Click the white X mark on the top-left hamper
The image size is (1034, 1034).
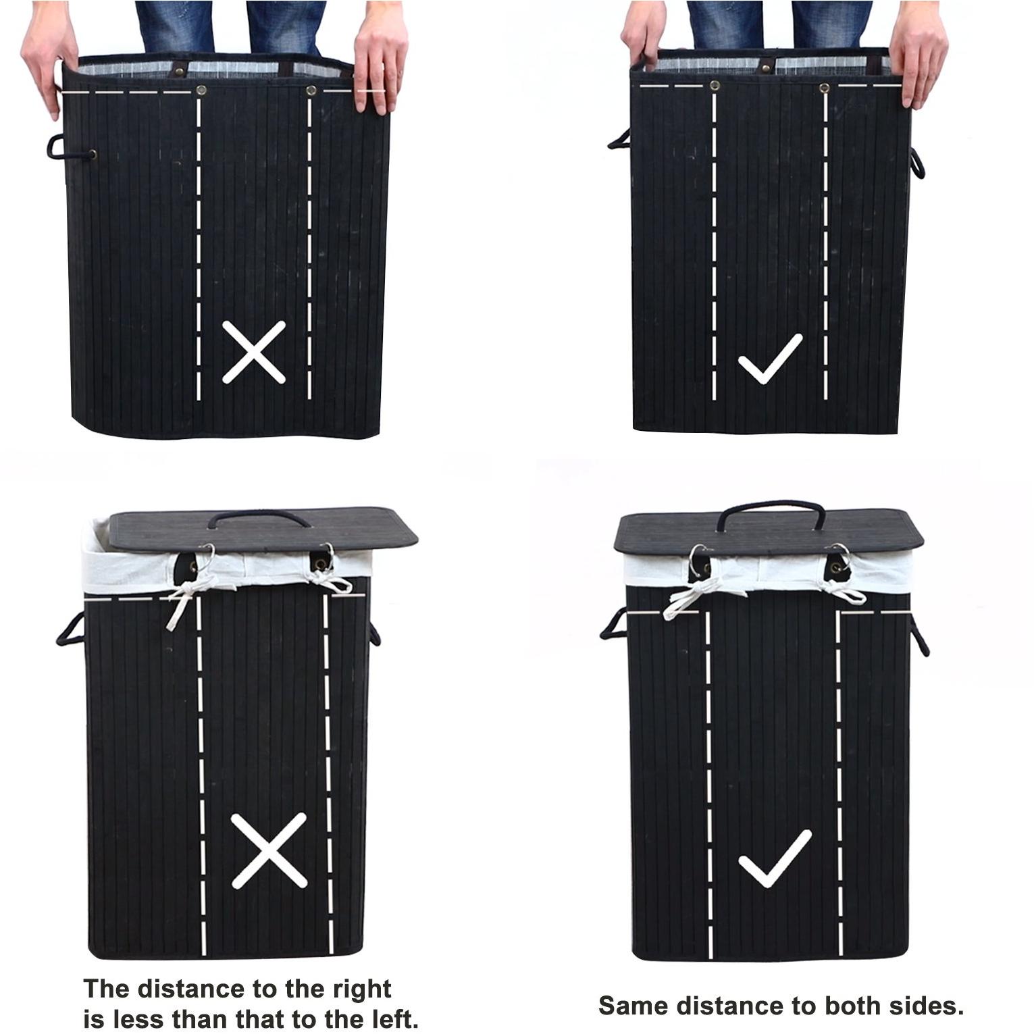[254, 352]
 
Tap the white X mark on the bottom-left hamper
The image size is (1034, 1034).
[269, 850]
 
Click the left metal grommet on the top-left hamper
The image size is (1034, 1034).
[201, 90]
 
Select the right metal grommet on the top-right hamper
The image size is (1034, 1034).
[825, 88]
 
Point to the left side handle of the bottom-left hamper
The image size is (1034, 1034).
[70, 628]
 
